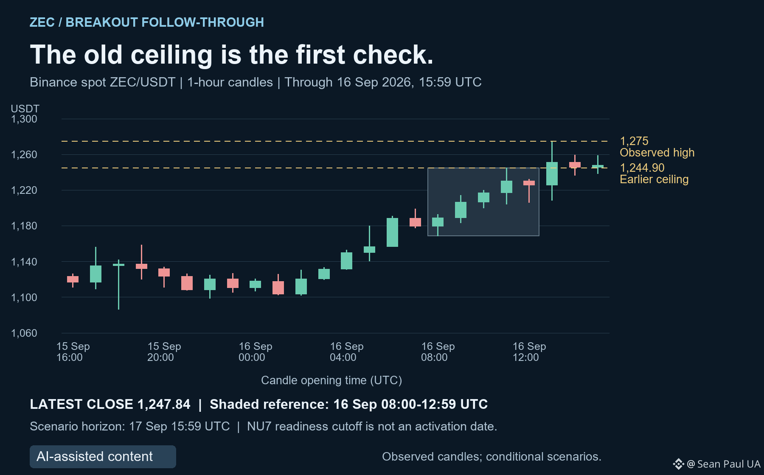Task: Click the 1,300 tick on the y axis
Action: [x=24, y=119]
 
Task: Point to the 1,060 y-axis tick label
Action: [x=24, y=333]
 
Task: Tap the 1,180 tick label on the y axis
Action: [x=24, y=226]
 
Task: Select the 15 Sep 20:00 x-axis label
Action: [x=164, y=352]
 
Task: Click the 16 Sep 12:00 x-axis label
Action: [x=529, y=352]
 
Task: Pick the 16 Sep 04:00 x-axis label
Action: [x=347, y=352]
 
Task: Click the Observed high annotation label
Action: [x=657, y=153]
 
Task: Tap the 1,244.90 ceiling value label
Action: [x=642, y=168]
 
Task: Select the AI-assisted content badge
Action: [x=103, y=457]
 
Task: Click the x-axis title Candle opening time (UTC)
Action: [x=331, y=380]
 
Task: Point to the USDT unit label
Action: [x=25, y=109]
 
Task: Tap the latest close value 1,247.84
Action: [x=164, y=404]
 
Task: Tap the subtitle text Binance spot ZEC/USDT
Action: [x=102, y=82]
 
